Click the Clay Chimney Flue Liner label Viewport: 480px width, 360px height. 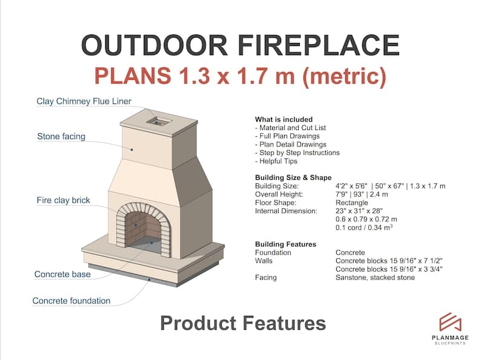tap(84, 102)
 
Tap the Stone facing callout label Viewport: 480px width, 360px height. tap(61, 137)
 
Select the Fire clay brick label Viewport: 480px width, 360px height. tap(63, 200)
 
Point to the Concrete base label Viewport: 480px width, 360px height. tap(62, 274)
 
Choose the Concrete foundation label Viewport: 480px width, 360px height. tap(71, 301)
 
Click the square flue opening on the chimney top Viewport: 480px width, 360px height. tap(158, 122)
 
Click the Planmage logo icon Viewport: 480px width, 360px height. tap(450, 322)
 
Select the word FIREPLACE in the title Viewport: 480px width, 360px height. tap(319, 45)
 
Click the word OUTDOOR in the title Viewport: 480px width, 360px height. tap(155, 45)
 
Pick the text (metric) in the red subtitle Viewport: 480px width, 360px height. tap(344, 76)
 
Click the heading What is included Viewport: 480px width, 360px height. tap(284, 119)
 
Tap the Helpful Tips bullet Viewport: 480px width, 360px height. tap(276, 161)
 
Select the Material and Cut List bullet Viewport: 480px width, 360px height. tap(291, 128)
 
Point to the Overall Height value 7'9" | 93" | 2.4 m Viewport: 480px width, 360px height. tap(362, 194)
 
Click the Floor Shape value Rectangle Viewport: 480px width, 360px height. tap(352, 203)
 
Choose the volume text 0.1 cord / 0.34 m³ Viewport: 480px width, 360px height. tap(364, 227)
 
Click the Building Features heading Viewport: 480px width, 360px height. tap(285, 244)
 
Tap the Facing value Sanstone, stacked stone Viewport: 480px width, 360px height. tap(375, 278)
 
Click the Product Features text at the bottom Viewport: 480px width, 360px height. tap(243, 323)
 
